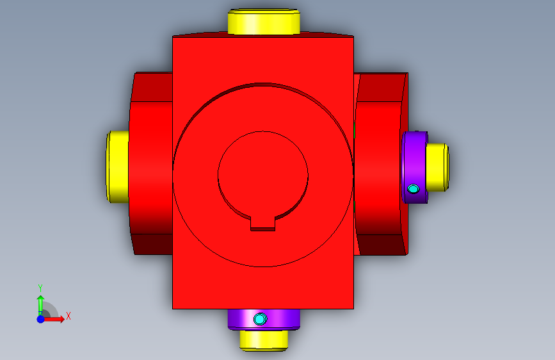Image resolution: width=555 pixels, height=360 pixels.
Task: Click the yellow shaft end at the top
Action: click(264, 22)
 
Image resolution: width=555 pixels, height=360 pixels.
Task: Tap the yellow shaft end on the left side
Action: click(118, 167)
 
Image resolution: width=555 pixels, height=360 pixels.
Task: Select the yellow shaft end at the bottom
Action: click(264, 341)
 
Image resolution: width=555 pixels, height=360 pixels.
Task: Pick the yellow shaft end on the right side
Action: click(437, 167)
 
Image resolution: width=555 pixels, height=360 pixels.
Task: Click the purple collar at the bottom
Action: click(264, 319)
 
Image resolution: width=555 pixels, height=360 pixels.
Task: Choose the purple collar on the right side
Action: click(414, 167)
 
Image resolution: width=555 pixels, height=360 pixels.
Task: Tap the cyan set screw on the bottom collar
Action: click(260, 319)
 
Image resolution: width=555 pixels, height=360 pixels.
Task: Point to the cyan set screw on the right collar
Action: click(413, 189)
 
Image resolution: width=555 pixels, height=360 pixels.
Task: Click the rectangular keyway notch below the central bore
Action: click(262, 224)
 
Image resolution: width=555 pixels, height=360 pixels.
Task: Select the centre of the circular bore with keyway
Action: click(263, 175)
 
